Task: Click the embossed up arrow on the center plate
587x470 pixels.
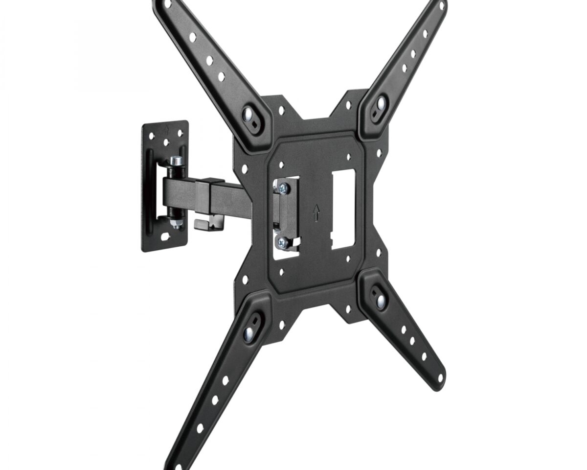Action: click(x=316, y=212)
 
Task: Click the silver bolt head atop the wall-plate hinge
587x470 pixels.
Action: click(x=177, y=161)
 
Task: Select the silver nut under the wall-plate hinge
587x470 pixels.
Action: click(x=177, y=224)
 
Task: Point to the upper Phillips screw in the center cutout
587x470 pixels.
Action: click(x=282, y=187)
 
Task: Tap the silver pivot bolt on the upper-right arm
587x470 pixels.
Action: click(x=380, y=104)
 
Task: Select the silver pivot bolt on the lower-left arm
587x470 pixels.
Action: click(x=249, y=333)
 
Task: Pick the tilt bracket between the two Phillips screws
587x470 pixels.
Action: click(x=284, y=214)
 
